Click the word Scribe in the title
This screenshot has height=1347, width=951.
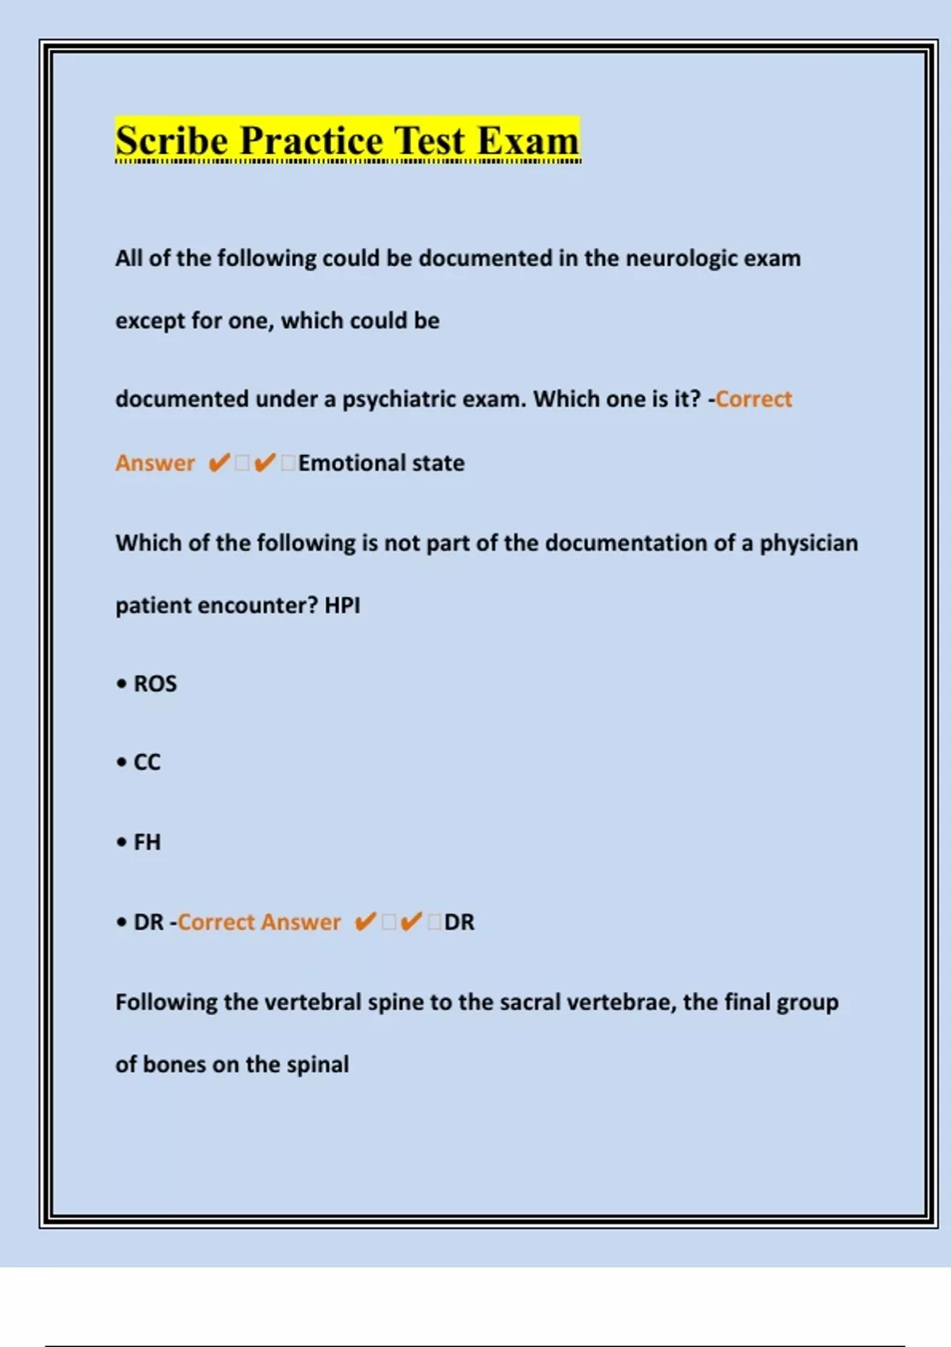[x=171, y=141]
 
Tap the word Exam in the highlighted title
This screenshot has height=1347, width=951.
[x=528, y=141]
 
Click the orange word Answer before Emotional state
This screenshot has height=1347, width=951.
[x=155, y=463]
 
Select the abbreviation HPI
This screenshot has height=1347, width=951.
[x=342, y=605]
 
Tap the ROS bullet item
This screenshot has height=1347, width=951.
[x=155, y=684]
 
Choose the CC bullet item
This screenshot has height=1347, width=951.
[x=147, y=762]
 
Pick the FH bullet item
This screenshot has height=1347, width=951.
[x=147, y=841]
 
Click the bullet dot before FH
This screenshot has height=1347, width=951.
[x=121, y=841]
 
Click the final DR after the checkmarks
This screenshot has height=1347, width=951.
[x=460, y=922]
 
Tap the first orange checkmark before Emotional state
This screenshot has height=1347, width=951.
[x=219, y=463]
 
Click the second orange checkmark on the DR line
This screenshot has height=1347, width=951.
[x=411, y=922]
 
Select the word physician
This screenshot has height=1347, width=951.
[x=808, y=543]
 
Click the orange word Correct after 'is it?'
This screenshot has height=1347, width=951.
[x=753, y=399]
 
